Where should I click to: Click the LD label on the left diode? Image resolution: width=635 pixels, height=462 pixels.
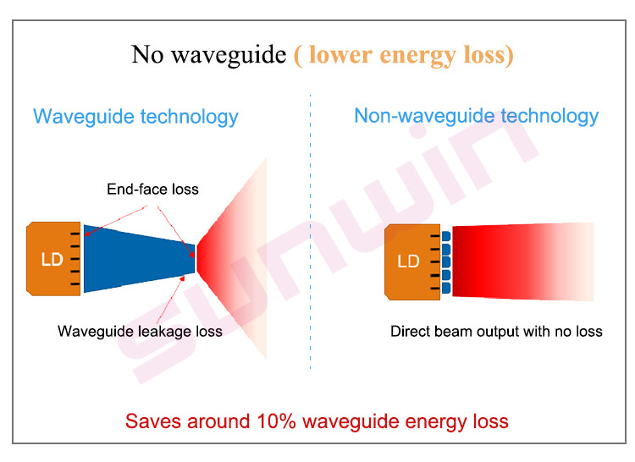[x=52, y=259]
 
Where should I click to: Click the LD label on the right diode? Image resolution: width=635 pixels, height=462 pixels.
[x=408, y=261]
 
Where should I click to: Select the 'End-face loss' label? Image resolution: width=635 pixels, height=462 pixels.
[x=152, y=189]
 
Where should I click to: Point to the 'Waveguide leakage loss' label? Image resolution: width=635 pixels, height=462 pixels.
[x=140, y=332]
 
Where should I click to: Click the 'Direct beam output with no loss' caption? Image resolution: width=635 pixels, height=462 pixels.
[x=496, y=332]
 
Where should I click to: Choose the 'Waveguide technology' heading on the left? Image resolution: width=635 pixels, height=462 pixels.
[x=135, y=117]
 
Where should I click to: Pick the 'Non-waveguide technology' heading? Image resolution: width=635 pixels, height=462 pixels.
[x=477, y=116]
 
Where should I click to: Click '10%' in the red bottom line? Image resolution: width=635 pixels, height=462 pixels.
[x=277, y=421]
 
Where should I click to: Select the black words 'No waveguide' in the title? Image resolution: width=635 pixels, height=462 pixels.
[x=209, y=55]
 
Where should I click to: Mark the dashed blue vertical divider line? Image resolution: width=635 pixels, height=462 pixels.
[x=310, y=232]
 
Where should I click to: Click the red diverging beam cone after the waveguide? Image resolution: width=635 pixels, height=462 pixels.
[x=232, y=259]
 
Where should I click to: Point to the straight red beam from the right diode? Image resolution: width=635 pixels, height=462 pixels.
[x=522, y=261]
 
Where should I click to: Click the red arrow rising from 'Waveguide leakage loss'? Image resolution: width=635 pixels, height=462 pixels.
[x=170, y=300]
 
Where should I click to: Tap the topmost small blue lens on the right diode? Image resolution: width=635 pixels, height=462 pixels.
[x=446, y=236]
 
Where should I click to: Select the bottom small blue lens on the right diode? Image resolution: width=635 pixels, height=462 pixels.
[x=446, y=288]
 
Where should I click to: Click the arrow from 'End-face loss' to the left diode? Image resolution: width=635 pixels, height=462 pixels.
[x=116, y=220]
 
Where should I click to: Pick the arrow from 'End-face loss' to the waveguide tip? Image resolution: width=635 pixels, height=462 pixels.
[x=176, y=231]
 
